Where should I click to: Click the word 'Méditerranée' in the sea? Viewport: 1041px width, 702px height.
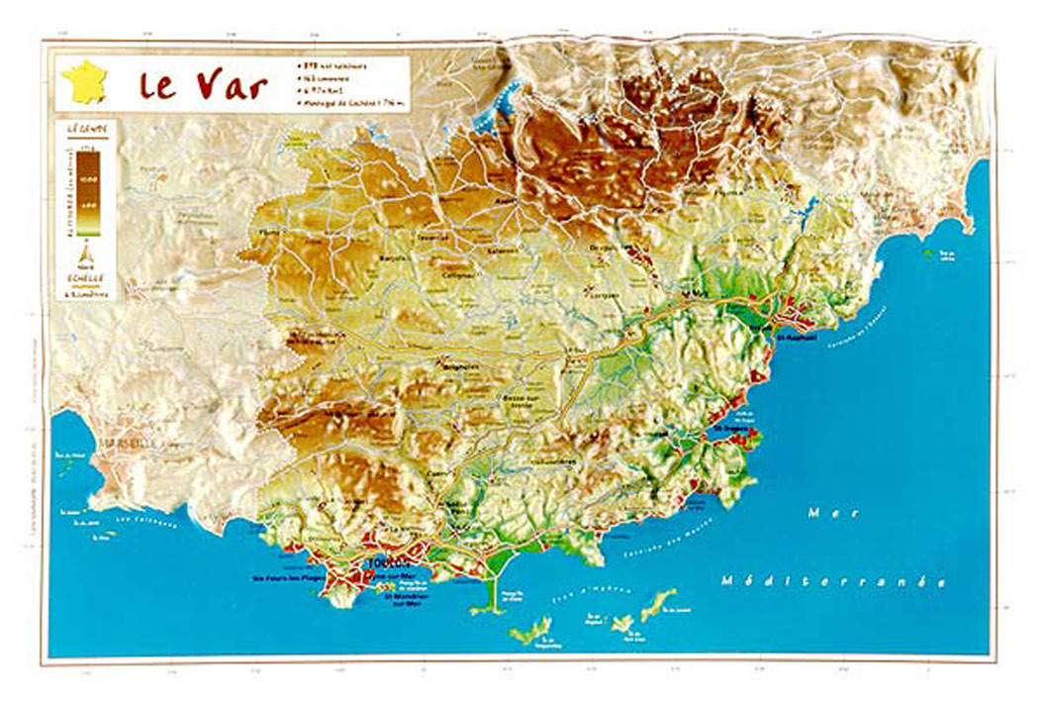[833, 580]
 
